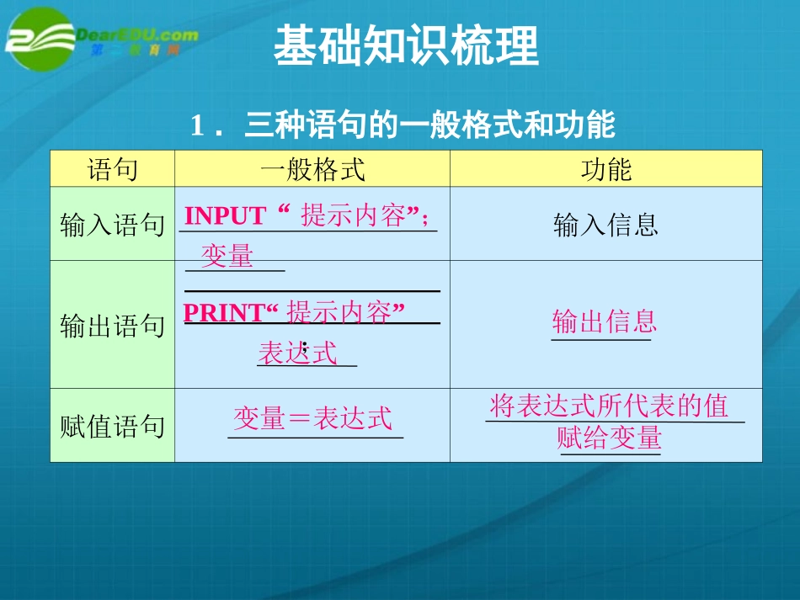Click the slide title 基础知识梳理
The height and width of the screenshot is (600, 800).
pyautogui.click(x=406, y=46)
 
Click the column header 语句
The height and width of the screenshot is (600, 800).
pyautogui.click(x=112, y=170)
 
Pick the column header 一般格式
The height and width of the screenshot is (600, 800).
pyautogui.click(x=312, y=170)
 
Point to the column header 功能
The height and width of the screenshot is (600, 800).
pyautogui.click(x=605, y=170)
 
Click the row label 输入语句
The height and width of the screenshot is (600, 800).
pyautogui.click(x=112, y=225)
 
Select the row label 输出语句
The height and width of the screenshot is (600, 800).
pyautogui.click(x=112, y=326)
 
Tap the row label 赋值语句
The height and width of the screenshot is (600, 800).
pyautogui.click(x=112, y=427)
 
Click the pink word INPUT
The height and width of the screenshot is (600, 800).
pyautogui.click(x=225, y=216)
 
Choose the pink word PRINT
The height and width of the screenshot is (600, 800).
pyautogui.click(x=223, y=313)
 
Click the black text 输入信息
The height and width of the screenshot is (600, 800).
pyautogui.click(x=605, y=225)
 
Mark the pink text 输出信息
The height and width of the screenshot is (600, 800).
pyautogui.click(x=604, y=321)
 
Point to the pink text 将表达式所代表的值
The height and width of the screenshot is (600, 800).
pyautogui.click(x=609, y=406)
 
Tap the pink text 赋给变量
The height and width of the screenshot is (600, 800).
pyautogui.click(x=610, y=438)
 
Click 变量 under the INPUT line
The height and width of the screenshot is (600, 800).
pyautogui.click(x=227, y=256)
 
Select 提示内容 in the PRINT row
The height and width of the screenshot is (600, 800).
pyautogui.click(x=339, y=313)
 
